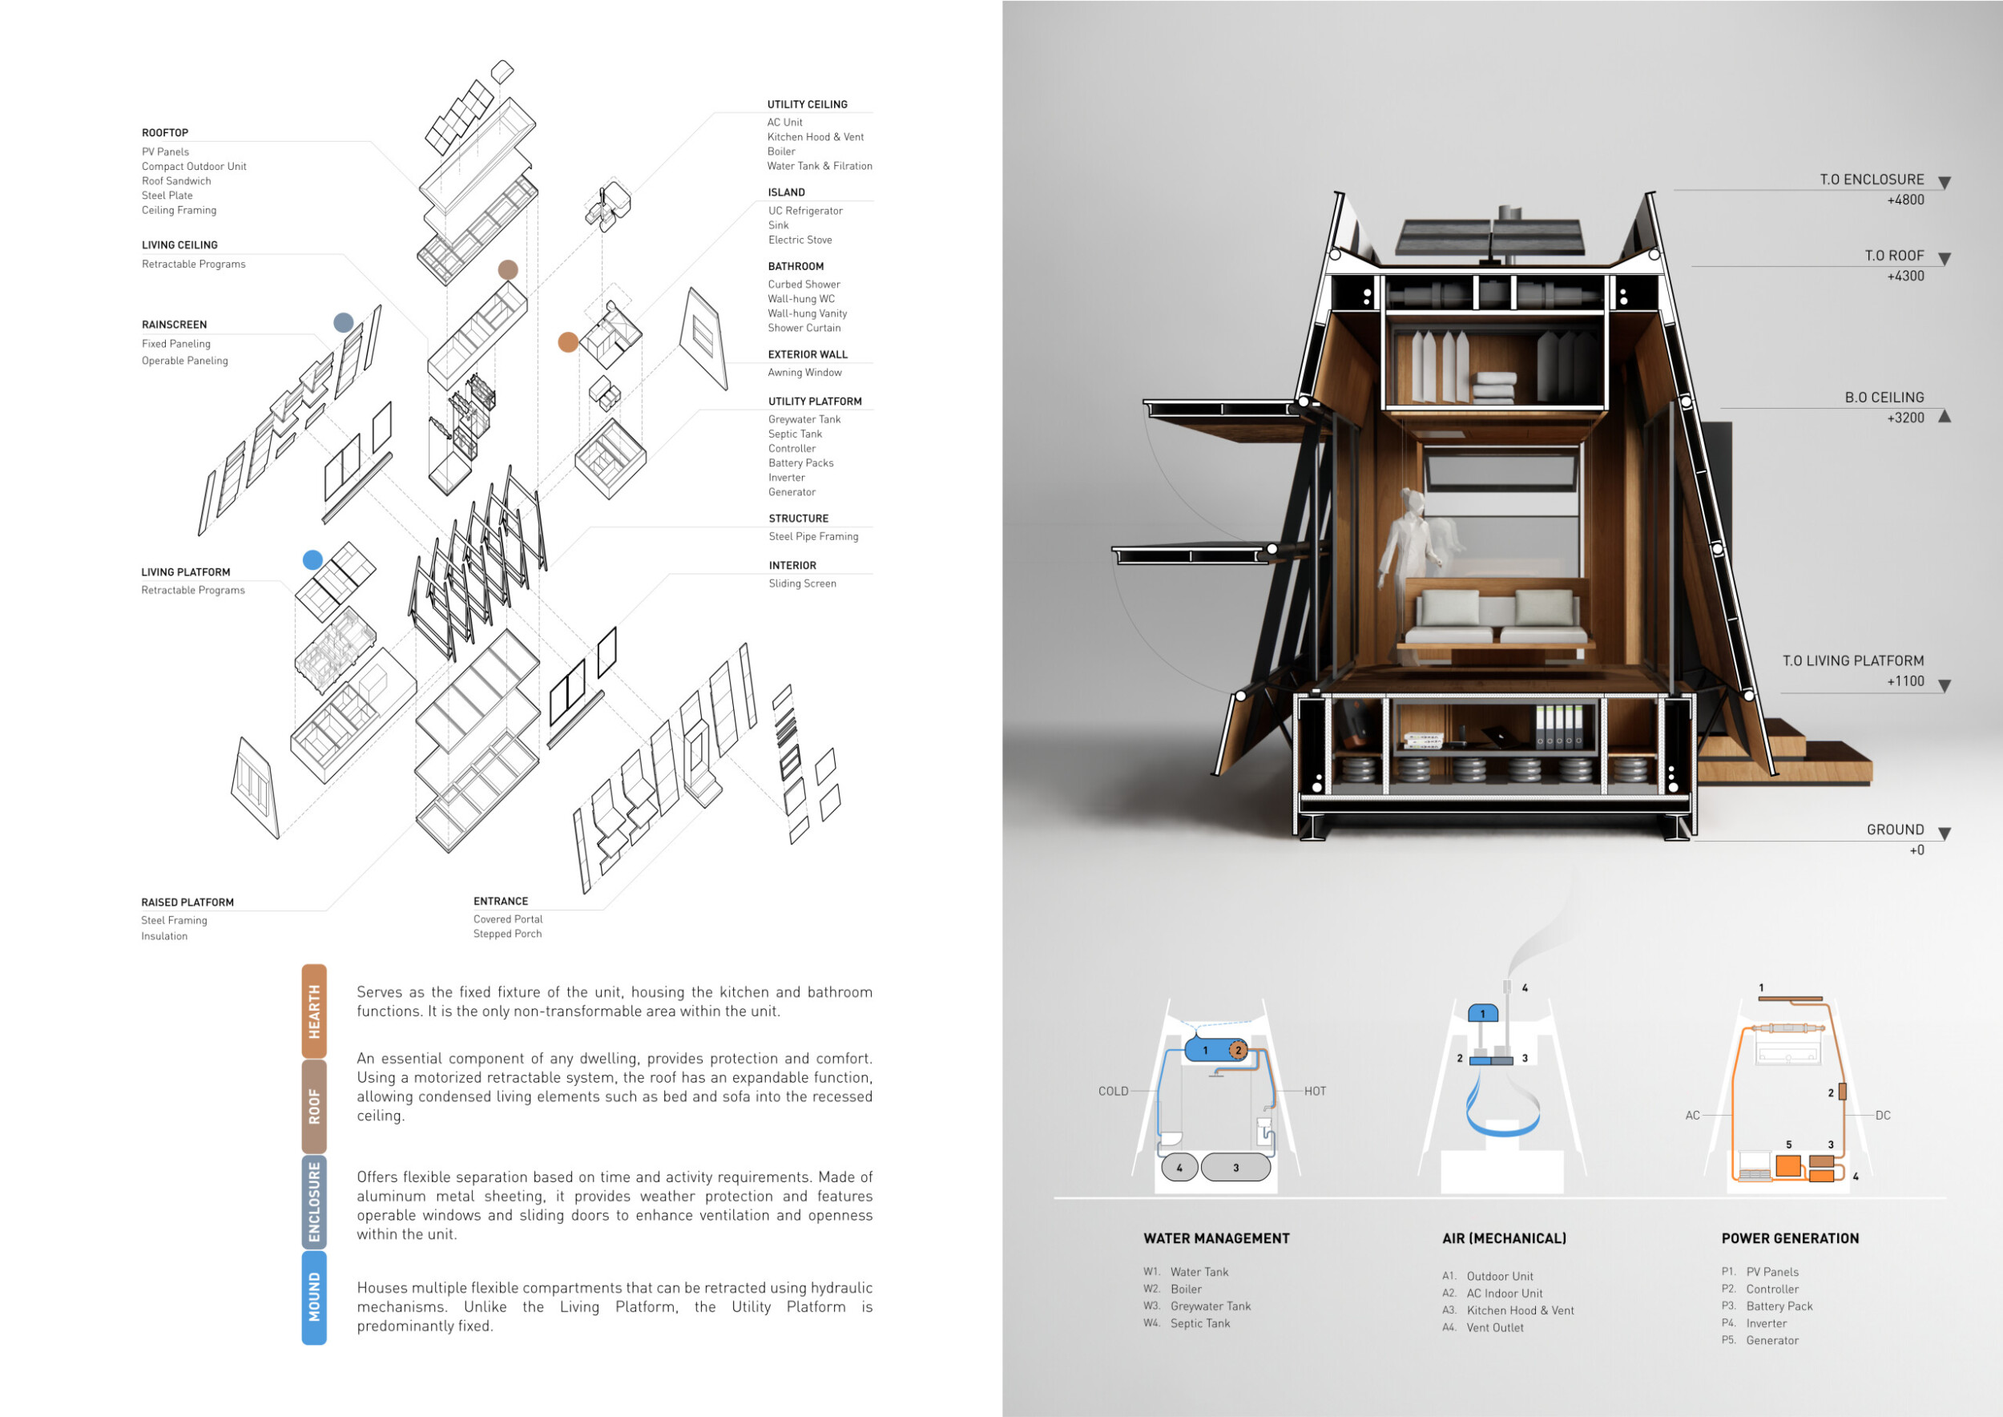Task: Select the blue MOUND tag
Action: (314, 1297)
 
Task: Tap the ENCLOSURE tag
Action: (314, 1201)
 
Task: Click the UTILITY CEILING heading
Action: (807, 105)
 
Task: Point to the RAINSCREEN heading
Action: (175, 325)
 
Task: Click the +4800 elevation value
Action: (1905, 200)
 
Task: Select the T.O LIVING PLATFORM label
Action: (1853, 661)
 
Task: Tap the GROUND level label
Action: (1895, 830)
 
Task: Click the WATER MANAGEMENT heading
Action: (1216, 1238)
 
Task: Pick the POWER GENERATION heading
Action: (1790, 1238)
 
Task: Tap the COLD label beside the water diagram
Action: (1113, 1092)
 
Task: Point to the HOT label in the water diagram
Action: (1315, 1092)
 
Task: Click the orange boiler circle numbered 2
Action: (1238, 1051)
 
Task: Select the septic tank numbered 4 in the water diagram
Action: (1179, 1168)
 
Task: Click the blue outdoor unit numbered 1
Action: (1483, 1014)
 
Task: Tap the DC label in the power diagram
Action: (1883, 1116)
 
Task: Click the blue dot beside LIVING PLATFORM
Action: (312, 560)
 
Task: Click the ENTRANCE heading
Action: (501, 902)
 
